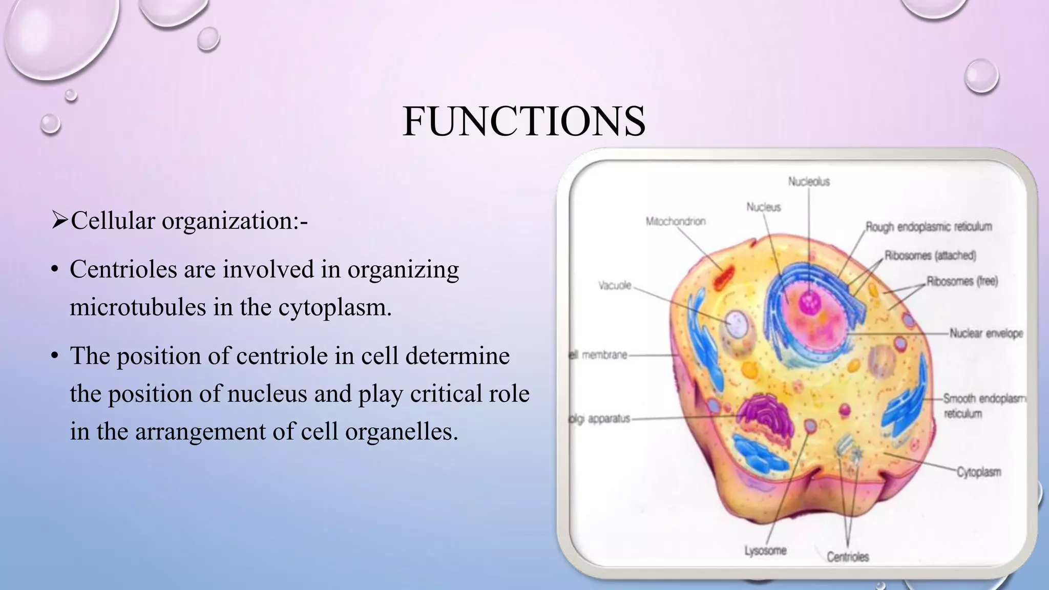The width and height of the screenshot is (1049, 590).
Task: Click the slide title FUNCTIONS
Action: pos(523,121)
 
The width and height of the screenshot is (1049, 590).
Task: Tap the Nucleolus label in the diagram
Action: pos(809,182)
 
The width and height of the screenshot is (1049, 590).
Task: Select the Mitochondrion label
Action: pos(676,221)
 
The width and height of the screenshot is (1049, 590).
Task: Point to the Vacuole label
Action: pos(615,285)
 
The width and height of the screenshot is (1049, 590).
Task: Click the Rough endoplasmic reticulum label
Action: pos(929,226)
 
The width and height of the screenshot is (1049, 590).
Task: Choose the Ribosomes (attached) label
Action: pos(930,255)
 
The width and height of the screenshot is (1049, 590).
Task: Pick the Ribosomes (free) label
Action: pos(962,281)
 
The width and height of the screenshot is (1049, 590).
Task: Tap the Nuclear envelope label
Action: pos(986,333)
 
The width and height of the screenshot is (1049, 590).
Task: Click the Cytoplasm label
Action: pos(978,472)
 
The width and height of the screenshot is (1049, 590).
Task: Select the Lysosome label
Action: pos(765,551)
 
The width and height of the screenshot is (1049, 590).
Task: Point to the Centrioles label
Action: pos(848,557)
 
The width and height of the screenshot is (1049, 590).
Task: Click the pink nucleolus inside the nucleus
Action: pos(810,302)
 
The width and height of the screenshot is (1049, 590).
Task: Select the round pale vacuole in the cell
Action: pos(738,324)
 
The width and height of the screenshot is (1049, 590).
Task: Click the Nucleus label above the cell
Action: pos(763,207)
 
